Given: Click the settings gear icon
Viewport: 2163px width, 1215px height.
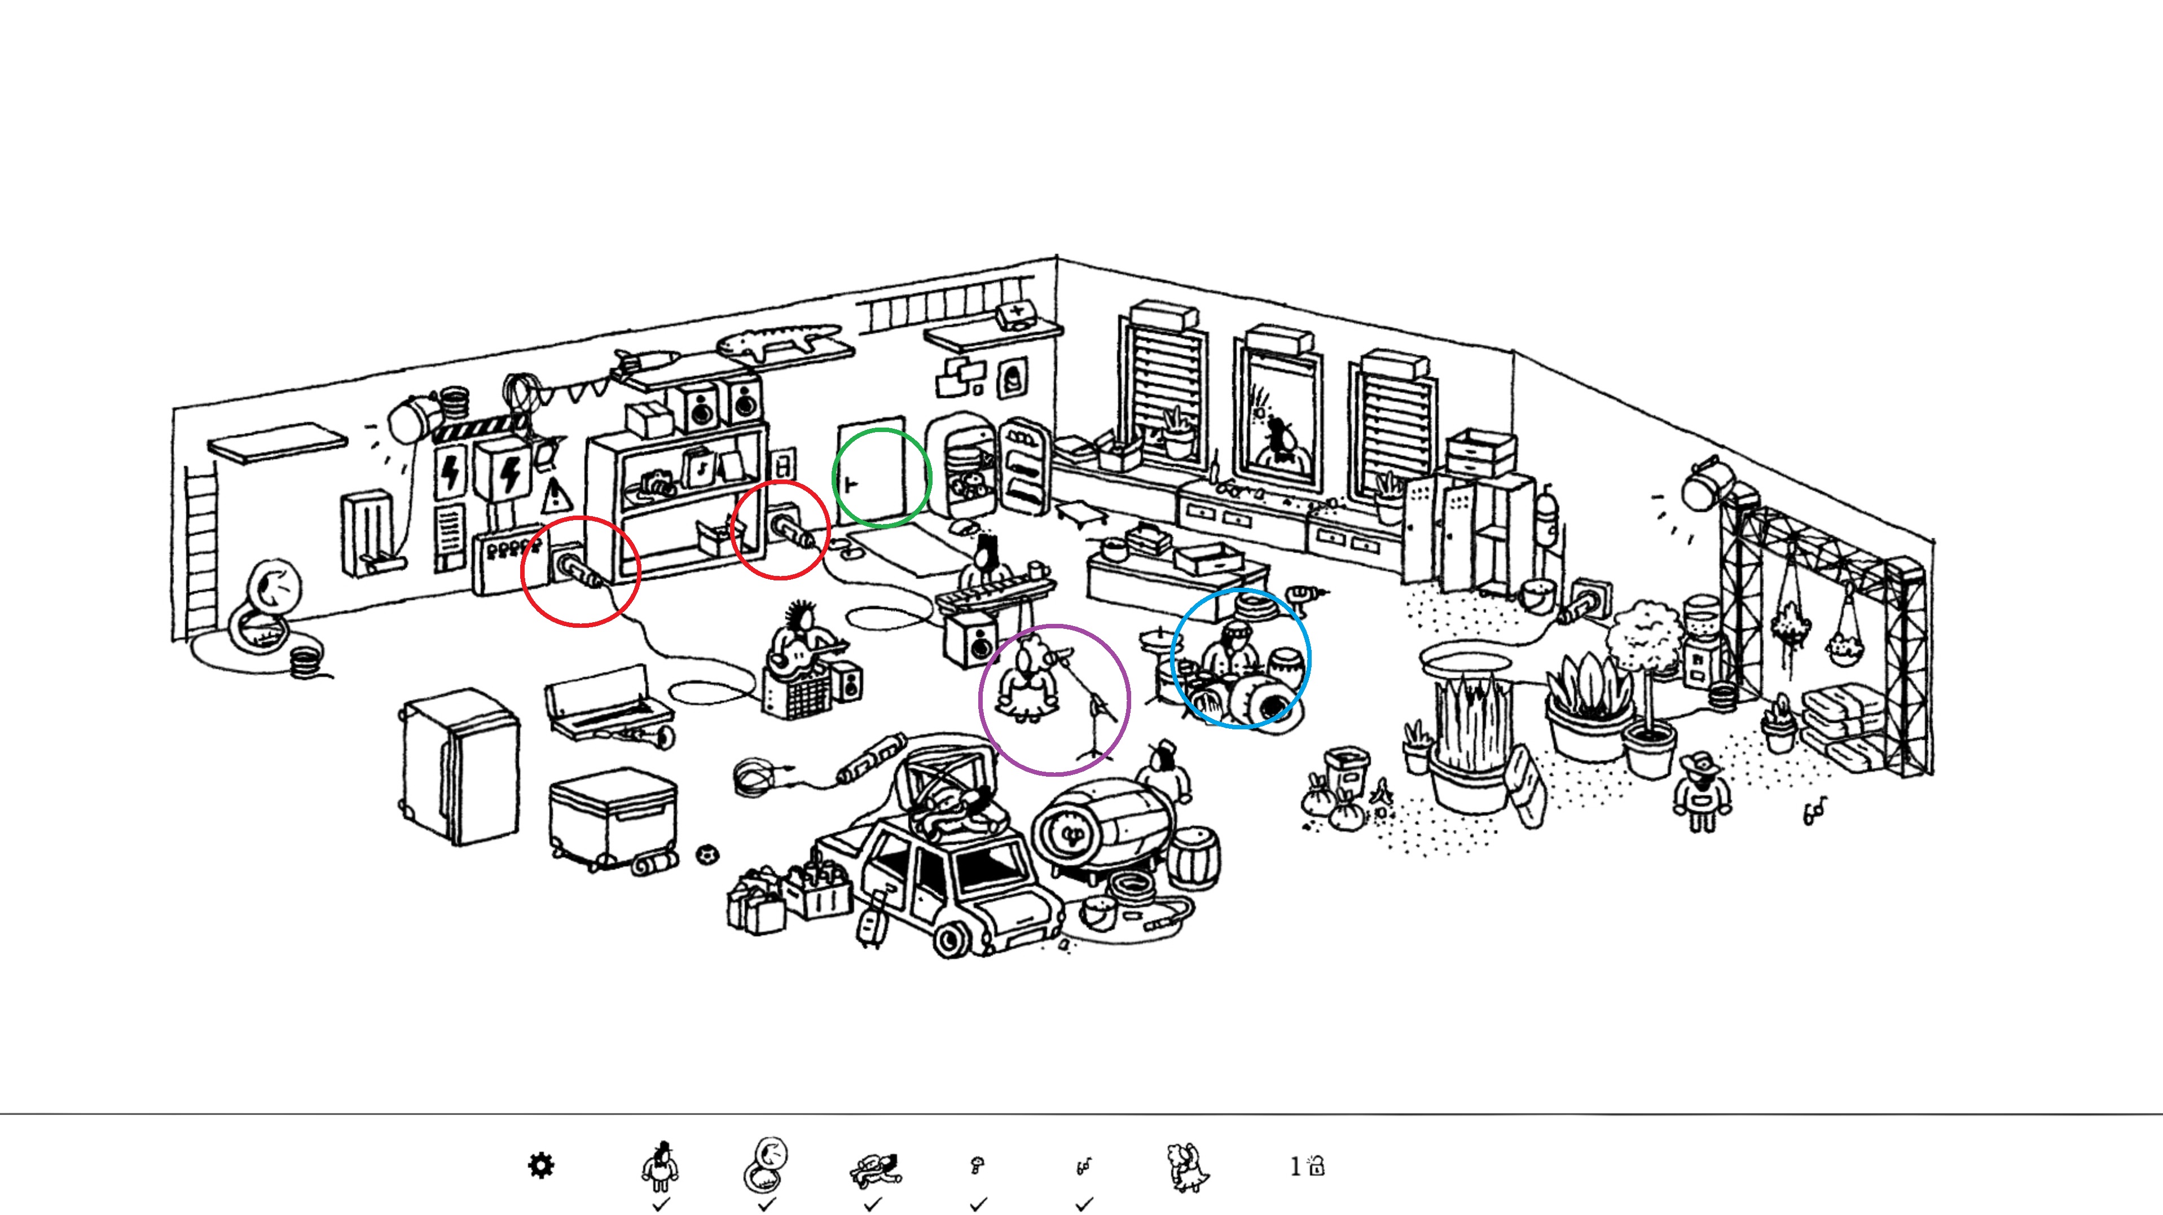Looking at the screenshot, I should [540, 1165].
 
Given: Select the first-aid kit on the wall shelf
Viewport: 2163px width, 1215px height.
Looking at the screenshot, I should [1016, 315].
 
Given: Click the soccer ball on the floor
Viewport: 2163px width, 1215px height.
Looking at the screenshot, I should [708, 855].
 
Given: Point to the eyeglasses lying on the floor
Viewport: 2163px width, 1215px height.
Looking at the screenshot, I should [1814, 811].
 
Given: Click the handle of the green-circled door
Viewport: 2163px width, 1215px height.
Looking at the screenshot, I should [851, 485].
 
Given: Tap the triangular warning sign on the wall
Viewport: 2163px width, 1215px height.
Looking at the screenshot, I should [554, 496].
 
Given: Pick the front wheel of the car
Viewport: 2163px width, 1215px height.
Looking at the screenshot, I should [951, 940].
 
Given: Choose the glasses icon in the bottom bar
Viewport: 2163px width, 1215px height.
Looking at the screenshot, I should [1084, 1166].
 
